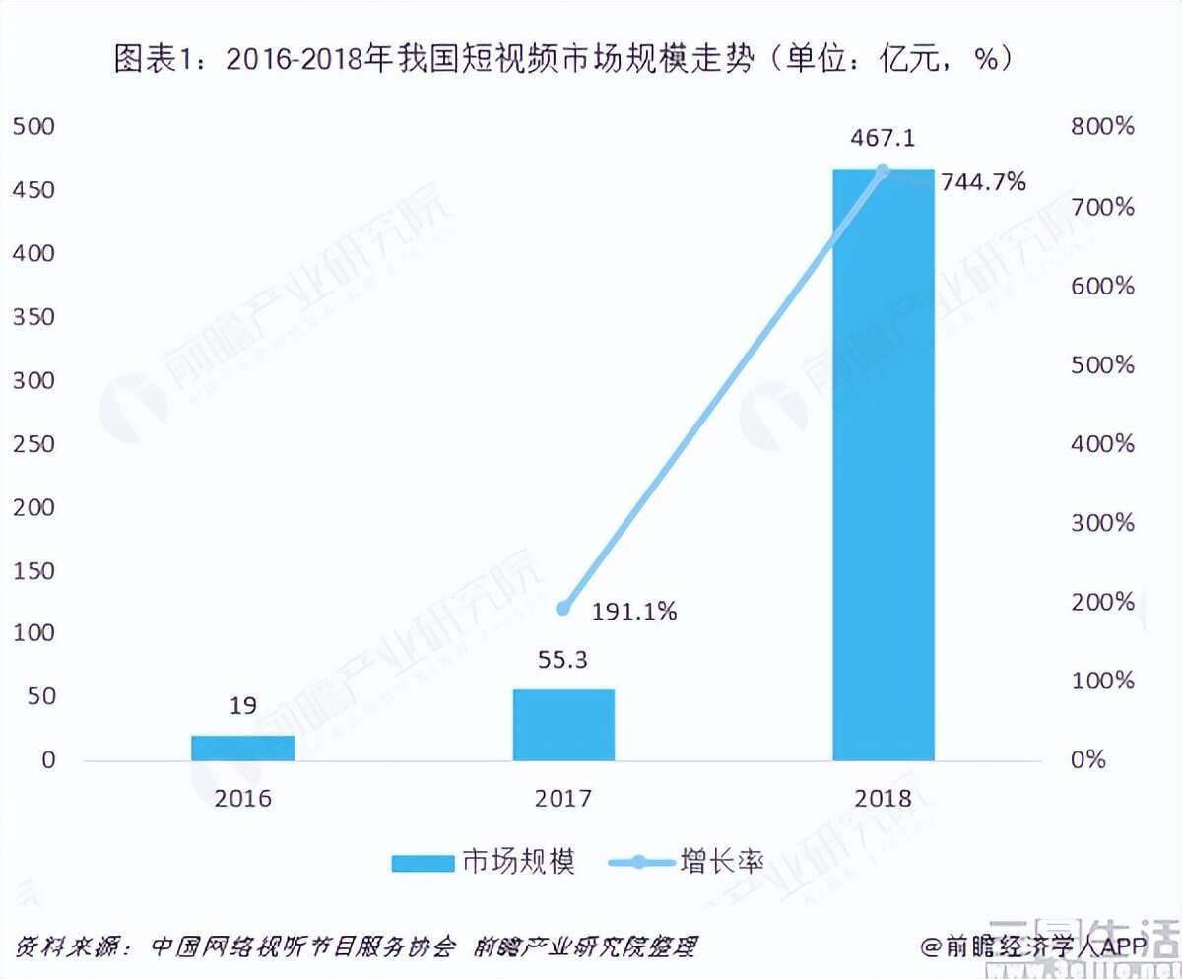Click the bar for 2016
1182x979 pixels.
[x=243, y=748]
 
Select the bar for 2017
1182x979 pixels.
[x=563, y=725]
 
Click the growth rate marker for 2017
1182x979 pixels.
[x=563, y=609]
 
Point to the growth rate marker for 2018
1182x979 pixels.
[x=883, y=171]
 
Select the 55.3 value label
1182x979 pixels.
[x=563, y=660]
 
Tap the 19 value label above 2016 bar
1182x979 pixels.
[x=243, y=706]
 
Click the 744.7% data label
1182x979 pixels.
[x=983, y=182]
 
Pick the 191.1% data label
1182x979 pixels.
[x=634, y=612]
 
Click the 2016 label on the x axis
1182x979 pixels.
[x=243, y=797]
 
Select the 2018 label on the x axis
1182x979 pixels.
[x=884, y=797]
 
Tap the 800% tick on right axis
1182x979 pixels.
[x=1101, y=127]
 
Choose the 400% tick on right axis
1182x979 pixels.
[x=1101, y=444]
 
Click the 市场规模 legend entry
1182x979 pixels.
[x=482, y=862]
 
